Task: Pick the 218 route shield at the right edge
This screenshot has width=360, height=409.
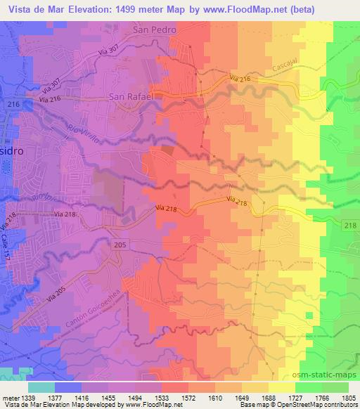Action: [352, 225]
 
